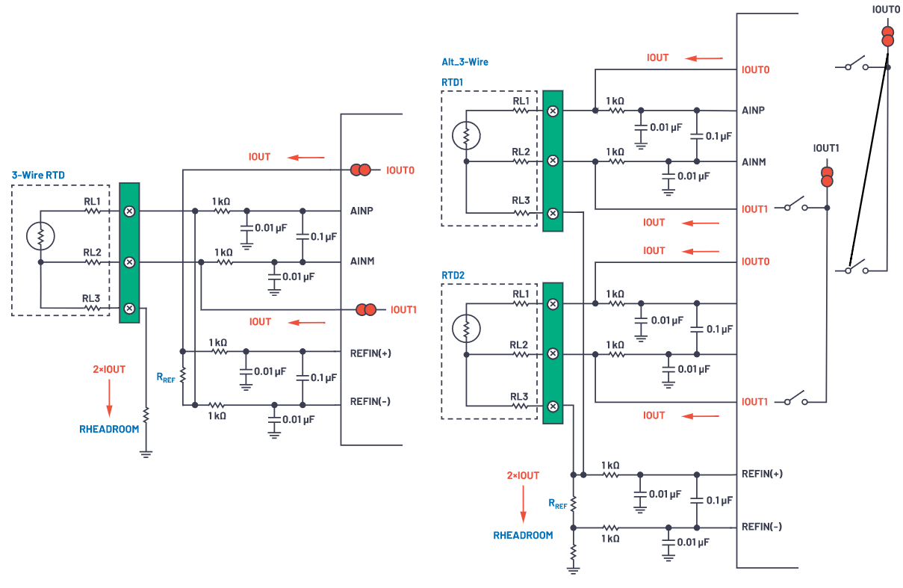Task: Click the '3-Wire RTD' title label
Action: [x=38, y=176]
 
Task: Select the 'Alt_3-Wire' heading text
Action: [x=465, y=62]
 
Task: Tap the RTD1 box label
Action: [x=453, y=81]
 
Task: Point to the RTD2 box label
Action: [x=453, y=275]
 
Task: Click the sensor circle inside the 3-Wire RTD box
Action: [x=40, y=236]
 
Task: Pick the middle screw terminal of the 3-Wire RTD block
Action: [x=129, y=262]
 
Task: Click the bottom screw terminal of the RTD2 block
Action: [x=553, y=406]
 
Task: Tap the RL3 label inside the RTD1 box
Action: [x=521, y=201]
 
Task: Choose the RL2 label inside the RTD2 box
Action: [x=521, y=344]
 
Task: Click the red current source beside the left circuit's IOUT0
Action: [x=360, y=170]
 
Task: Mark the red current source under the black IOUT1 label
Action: [x=827, y=177]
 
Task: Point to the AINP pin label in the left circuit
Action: [x=361, y=211]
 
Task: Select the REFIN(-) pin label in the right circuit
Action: [x=762, y=527]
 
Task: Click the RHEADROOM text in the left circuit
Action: [x=109, y=430]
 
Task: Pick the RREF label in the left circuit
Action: [x=166, y=378]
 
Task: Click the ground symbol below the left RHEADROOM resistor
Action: [x=146, y=452]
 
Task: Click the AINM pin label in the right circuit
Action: [x=754, y=162]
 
